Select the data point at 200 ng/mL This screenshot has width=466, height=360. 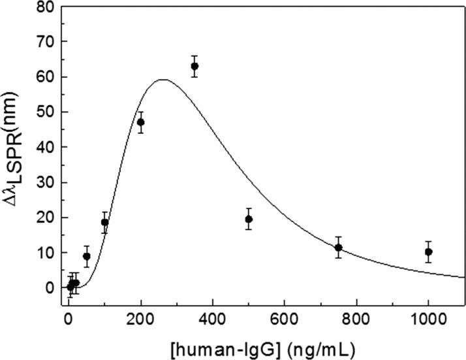(x=140, y=122)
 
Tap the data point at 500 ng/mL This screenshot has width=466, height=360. (x=249, y=219)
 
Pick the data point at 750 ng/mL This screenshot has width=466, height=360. (x=338, y=247)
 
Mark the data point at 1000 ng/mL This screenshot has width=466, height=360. (x=428, y=252)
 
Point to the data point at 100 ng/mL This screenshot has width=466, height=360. (x=104, y=222)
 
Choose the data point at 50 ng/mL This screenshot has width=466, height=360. (x=87, y=256)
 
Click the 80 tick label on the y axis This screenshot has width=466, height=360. (x=44, y=7)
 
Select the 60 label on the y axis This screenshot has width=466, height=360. (x=44, y=77)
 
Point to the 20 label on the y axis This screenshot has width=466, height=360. (x=44, y=218)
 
